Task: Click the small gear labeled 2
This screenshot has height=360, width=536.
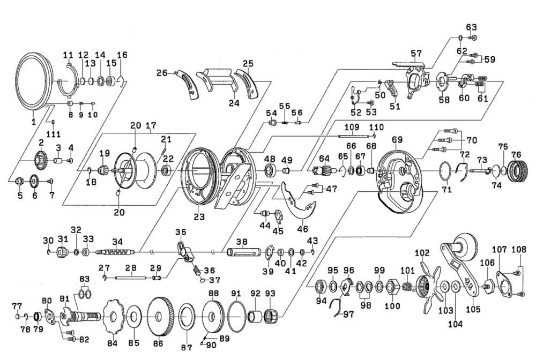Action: tap(40, 160)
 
